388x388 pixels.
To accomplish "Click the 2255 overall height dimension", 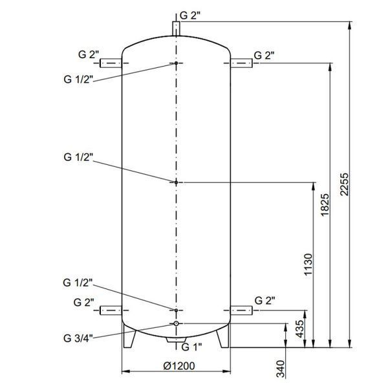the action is click(x=344, y=184).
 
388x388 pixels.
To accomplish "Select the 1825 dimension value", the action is click(x=325, y=205).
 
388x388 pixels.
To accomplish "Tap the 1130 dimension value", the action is click(x=308, y=264).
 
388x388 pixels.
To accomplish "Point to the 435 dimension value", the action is click(x=300, y=329).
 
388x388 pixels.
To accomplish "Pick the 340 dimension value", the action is click(x=281, y=369).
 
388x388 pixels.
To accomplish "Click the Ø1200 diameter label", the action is click(x=179, y=366).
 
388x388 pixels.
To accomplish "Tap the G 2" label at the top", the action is click(x=189, y=16).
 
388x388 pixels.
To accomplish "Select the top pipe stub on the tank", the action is click(x=176, y=28).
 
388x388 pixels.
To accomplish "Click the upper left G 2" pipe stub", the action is click(x=111, y=63).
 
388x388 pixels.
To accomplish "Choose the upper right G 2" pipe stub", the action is click(x=241, y=63).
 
